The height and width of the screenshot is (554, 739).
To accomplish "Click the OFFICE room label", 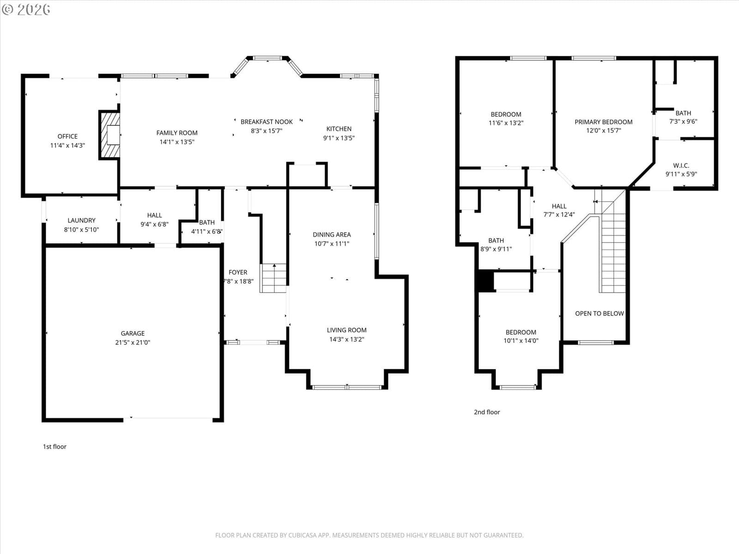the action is pos(67,136).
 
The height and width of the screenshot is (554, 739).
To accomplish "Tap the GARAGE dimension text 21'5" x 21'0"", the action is pos(133,343).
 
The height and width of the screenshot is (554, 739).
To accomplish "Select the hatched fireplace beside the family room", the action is pos(110,135).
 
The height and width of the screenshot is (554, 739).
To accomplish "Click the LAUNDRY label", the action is pos(81,220).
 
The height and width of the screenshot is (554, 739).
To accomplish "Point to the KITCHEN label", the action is pos(339,129).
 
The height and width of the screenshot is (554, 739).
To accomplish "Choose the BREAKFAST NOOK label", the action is pos(267,122).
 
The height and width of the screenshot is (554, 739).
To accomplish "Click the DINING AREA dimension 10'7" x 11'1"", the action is pos(332,244).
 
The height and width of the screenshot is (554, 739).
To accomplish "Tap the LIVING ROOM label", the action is pos(347,330).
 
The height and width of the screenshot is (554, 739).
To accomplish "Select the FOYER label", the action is pos(238,272).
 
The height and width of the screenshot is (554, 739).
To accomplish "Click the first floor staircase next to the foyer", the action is pos(273,278).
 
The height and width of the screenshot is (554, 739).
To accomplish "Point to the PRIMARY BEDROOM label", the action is pos(603,122).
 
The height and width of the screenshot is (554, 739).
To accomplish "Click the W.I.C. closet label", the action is pos(681,165).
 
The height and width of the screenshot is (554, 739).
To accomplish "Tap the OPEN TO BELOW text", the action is pos(599,313).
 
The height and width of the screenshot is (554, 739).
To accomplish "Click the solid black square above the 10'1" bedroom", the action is pos(485,281).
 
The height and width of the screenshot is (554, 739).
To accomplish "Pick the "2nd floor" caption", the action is pos(487,412).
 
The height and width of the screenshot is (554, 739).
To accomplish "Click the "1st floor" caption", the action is pos(55,447).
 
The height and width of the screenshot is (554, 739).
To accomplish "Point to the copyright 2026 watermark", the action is pos(26,9).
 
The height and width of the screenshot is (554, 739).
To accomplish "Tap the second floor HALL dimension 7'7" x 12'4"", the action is pos(559,214).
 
